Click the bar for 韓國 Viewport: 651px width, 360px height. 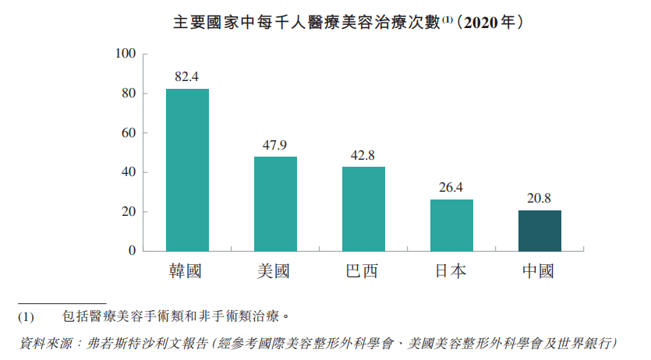(x=187, y=170)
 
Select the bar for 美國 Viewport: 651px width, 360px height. (x=275, y=204)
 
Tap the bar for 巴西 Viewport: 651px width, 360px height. (x=363, y=209)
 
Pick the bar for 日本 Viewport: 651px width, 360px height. (x=451, y=225)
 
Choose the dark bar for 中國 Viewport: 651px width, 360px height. (x=540, y=231)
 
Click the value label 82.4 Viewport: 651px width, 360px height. (x=187, y=77)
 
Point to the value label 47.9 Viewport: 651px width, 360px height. (x=275, y=145)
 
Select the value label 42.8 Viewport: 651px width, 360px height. (x=363, y=155)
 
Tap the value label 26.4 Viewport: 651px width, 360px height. (x=451, y=188)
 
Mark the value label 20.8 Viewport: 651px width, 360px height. (x=540, y=199)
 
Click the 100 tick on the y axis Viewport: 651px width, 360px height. (x=126, y=54)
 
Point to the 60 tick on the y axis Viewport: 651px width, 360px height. (x=129, y=133)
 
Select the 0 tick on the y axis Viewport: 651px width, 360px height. (x=132, y=252)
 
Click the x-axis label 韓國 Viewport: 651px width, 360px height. (x=187, y=272)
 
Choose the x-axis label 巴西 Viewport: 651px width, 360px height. (x=363, y=272)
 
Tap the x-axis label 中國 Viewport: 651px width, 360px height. (x=540, y=272)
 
